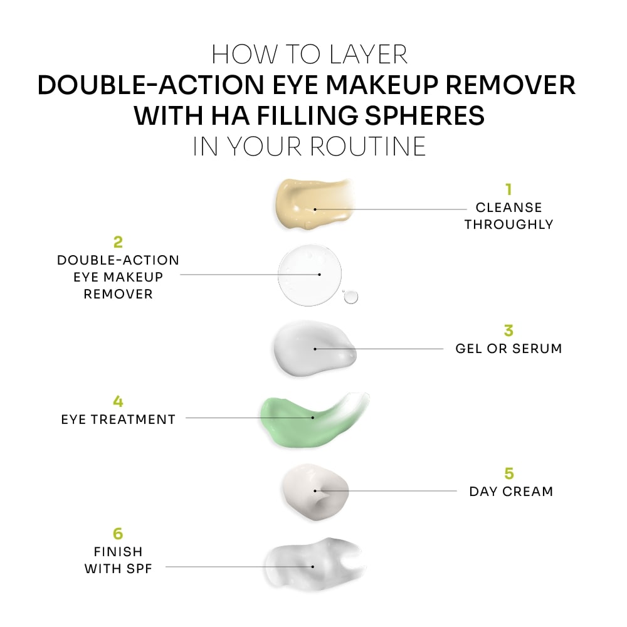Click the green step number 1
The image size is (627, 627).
(x=509, y=189)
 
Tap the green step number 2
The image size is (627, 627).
(x=118, y=241)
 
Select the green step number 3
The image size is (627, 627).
(x=508, y=330)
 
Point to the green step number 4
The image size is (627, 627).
(x=118, y=401)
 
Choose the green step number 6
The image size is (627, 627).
(x=118, y=534)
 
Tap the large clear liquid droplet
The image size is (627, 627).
(x=310, y=275)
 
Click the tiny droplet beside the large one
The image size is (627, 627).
(x=350, y=297)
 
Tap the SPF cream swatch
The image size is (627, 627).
(x=312, y=564)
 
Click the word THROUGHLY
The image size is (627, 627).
(x=509, y=224)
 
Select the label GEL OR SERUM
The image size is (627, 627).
(x=508, y=349)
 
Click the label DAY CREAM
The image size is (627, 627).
(x=511, y=491)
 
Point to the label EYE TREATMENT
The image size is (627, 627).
(x=118, y=419)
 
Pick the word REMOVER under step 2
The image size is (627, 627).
(x=118, y=294)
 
